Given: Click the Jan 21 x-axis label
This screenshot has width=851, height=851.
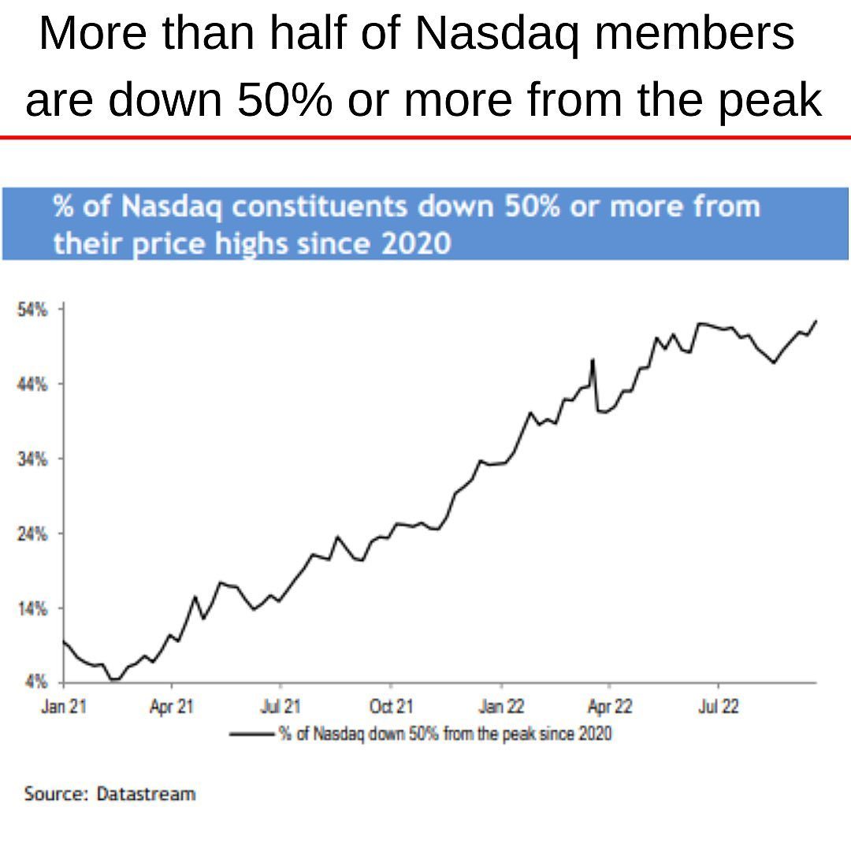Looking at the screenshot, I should coord(63,707).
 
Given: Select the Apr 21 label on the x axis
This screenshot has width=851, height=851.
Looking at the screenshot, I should coord(172,707).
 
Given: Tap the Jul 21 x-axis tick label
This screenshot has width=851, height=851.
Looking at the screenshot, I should coord(281,707).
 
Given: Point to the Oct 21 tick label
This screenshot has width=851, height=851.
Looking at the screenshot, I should coord(391,707).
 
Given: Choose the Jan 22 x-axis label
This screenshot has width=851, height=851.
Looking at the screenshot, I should coord(502,707).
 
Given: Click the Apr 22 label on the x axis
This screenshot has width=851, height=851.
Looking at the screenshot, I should coord(611,707).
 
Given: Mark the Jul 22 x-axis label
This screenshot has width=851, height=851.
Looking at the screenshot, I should coord(719,707).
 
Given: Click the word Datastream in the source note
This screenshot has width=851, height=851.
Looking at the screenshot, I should coord(146,793).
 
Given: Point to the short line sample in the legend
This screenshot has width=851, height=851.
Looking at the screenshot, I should coord(251,734).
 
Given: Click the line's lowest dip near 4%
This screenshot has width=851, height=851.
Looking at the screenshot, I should coord(115,679).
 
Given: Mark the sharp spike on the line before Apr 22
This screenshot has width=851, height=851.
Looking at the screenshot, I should coord(593,360).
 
